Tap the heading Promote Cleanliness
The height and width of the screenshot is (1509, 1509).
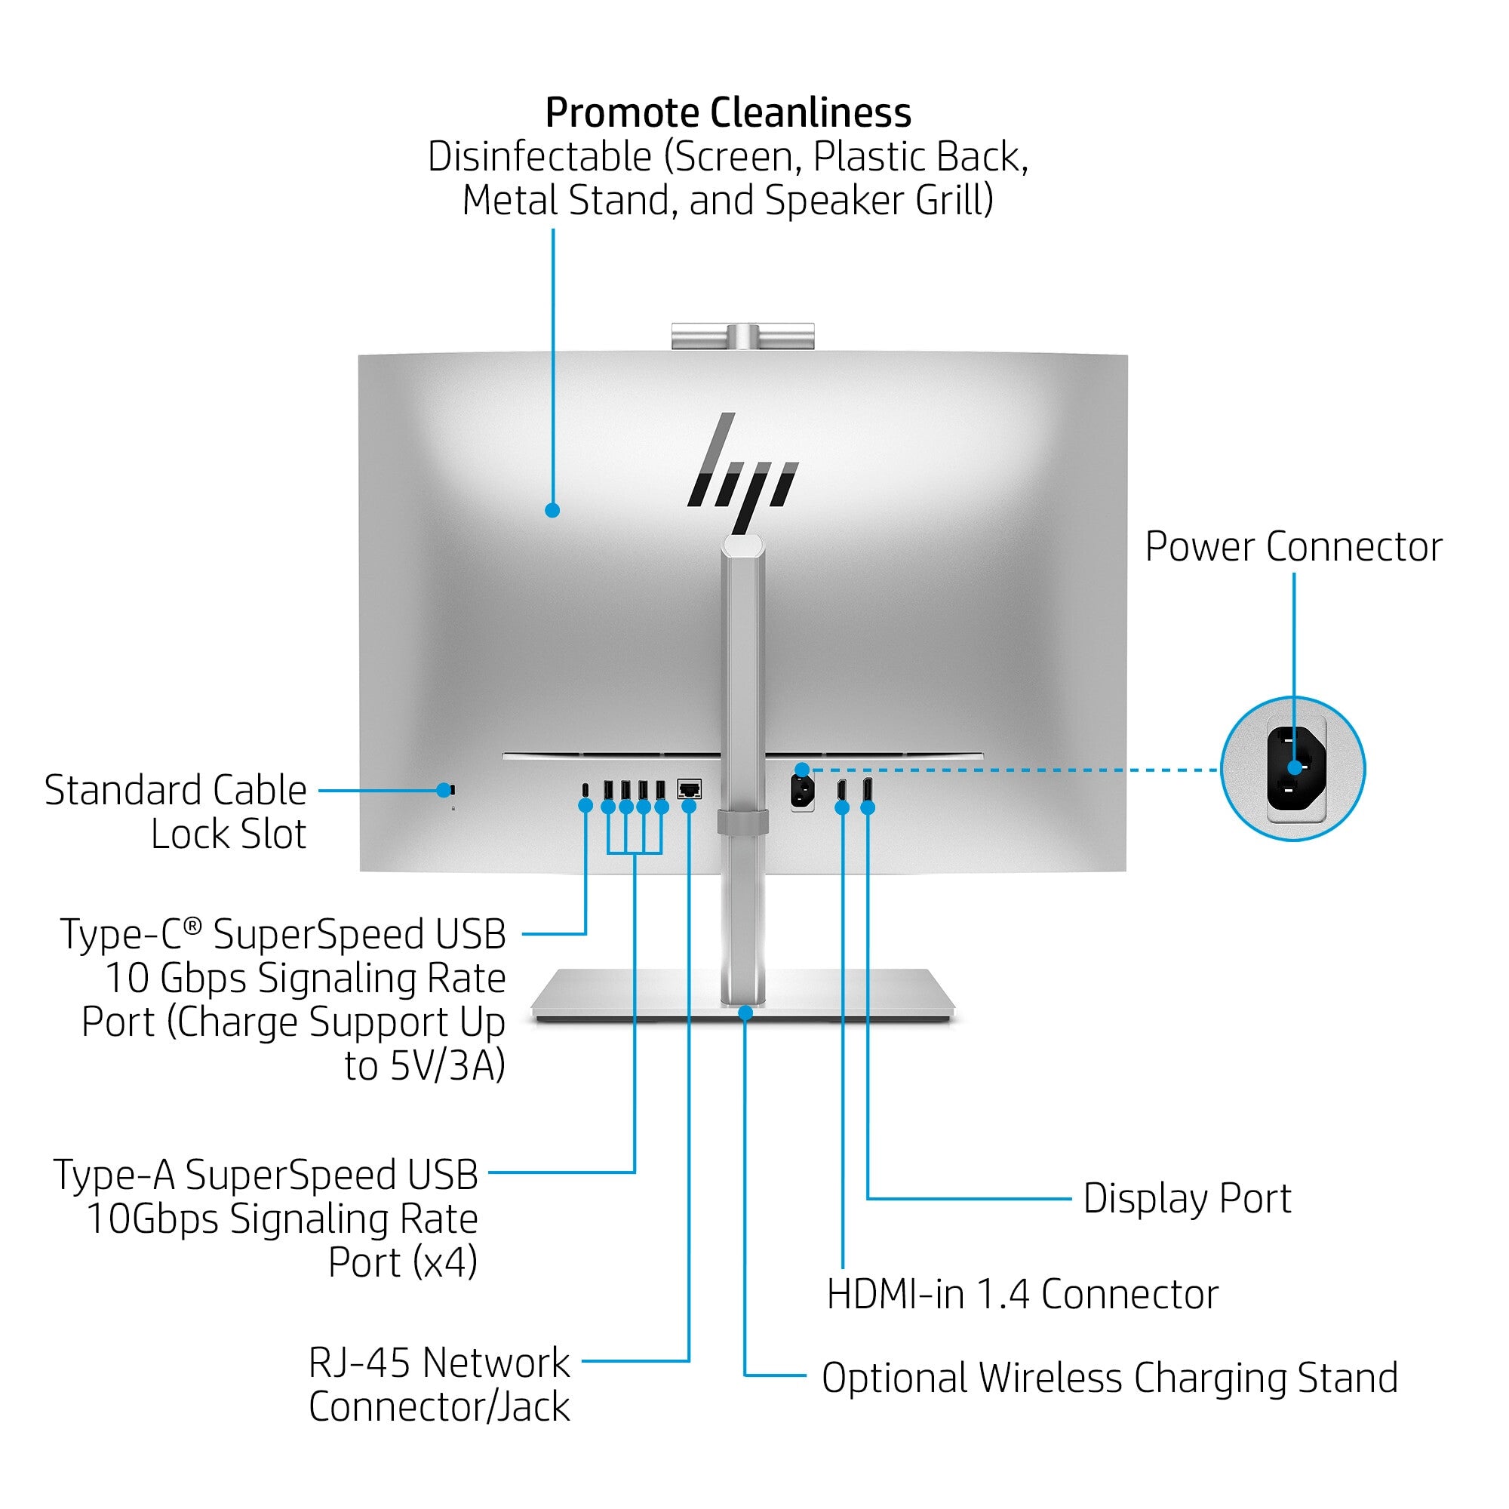[x=728, y=112]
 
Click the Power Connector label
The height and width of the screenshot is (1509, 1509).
[x=1293, y=547]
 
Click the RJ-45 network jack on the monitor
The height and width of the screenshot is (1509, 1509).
[x=689, y=788]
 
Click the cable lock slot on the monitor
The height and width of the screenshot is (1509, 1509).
[x=451, y=790]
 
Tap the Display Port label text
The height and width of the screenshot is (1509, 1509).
[x=1186, y=1198]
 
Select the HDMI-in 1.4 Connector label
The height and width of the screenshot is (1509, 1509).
[x=1022, y=1294]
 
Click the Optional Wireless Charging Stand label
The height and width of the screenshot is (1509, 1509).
[x=1109, y=1378]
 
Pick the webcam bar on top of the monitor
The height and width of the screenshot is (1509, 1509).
[x=742, y=336]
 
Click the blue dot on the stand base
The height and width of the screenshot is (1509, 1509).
[x=745, y=1013]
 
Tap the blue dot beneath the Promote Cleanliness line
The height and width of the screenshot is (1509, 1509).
[x=552, y=510]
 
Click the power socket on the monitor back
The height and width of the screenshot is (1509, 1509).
[x=802, y=791]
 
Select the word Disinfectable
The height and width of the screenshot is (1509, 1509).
[x=539, y=157]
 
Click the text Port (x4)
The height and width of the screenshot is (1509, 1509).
[x=402, y=1262]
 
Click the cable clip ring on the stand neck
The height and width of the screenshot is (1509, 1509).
[x=742, y=822]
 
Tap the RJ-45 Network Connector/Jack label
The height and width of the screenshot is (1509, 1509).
[x=439, y=1384]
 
